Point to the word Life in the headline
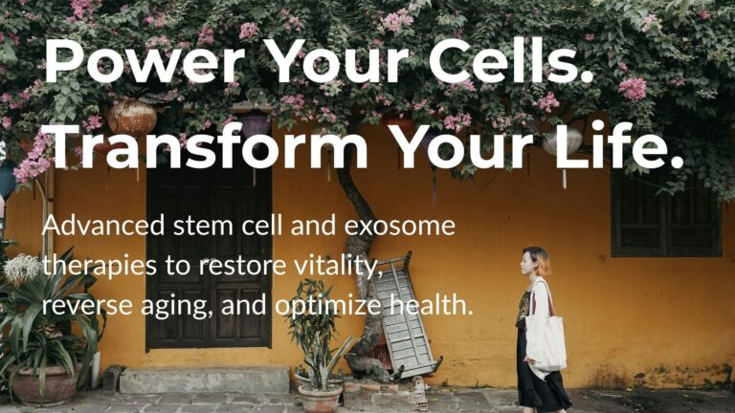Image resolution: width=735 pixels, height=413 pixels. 622,147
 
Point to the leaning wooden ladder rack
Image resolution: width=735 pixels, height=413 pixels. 402,315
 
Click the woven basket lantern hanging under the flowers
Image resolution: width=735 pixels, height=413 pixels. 133,117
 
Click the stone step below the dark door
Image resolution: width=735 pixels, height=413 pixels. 207,380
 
